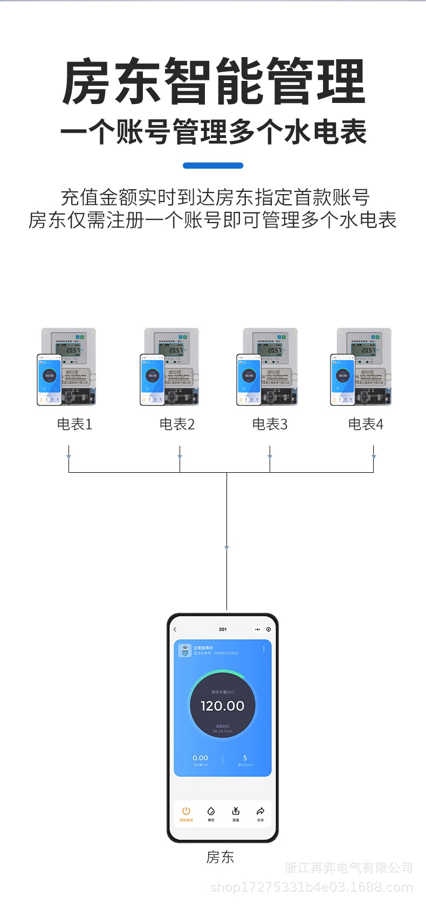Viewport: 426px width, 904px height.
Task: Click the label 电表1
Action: [x=74, y=424]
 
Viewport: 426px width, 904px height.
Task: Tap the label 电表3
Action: [x=270, y=424]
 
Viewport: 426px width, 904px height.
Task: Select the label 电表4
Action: [x=366, y=424]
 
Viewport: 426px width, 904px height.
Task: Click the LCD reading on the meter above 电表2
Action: [x=175, y=350]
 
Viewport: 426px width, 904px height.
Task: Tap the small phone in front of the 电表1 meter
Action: [x=49, y=379]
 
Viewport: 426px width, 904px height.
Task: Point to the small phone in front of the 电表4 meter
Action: [x=342, y=379]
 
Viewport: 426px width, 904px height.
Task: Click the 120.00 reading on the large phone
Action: [x=222, y=706]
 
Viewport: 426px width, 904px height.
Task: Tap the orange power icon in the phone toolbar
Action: [x=186, y=811]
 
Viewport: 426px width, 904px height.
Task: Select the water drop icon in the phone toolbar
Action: [x=211, y=811]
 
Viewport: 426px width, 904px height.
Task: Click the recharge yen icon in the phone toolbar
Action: [x=236, y=811]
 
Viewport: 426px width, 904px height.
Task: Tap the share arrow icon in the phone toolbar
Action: [x=260, y=811]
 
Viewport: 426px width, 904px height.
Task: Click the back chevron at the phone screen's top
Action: [x=175, y=629]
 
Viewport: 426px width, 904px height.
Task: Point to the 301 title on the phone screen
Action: [x=223, y=629]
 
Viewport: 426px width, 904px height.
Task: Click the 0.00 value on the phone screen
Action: [x=200, y=758]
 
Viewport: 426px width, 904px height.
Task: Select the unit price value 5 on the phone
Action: [x=245, y=758]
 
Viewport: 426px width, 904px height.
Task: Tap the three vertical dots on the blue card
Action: [x=264, y=648]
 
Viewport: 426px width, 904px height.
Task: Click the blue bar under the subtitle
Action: [x=213, y=165]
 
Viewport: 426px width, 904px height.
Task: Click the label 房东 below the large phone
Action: [x=220, y=857]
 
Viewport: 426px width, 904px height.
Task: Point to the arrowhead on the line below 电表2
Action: [x=180, y=457]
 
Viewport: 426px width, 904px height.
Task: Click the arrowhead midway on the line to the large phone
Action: [x=226, y=548]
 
